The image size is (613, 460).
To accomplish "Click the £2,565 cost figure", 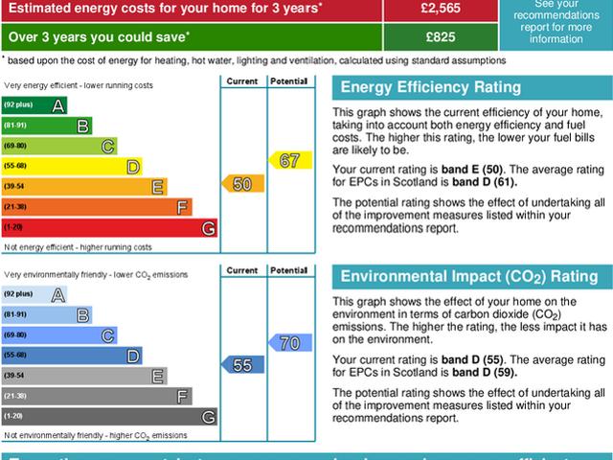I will [x=440, y=9].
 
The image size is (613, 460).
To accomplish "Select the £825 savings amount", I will [x=440, y=37].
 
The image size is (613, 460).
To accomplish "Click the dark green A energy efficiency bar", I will [x=34, y=103].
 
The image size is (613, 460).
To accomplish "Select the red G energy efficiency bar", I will [x=109, y=227].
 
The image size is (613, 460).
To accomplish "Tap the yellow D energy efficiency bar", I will [x=72, y=166].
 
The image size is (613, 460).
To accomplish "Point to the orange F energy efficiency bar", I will [x=97, y=207].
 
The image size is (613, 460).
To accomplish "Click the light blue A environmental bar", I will [x=34, y=294].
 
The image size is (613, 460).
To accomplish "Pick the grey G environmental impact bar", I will [x=109, y=416].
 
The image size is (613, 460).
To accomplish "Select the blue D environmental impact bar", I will [x=72, y=356].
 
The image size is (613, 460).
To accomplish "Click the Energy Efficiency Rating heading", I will [x=431, y=87].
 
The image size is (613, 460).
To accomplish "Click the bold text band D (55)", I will [x=475, y=359].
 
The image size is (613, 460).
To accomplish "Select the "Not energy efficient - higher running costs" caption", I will [x=78, y=247].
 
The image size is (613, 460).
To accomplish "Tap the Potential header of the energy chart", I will [x=288, y=80].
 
